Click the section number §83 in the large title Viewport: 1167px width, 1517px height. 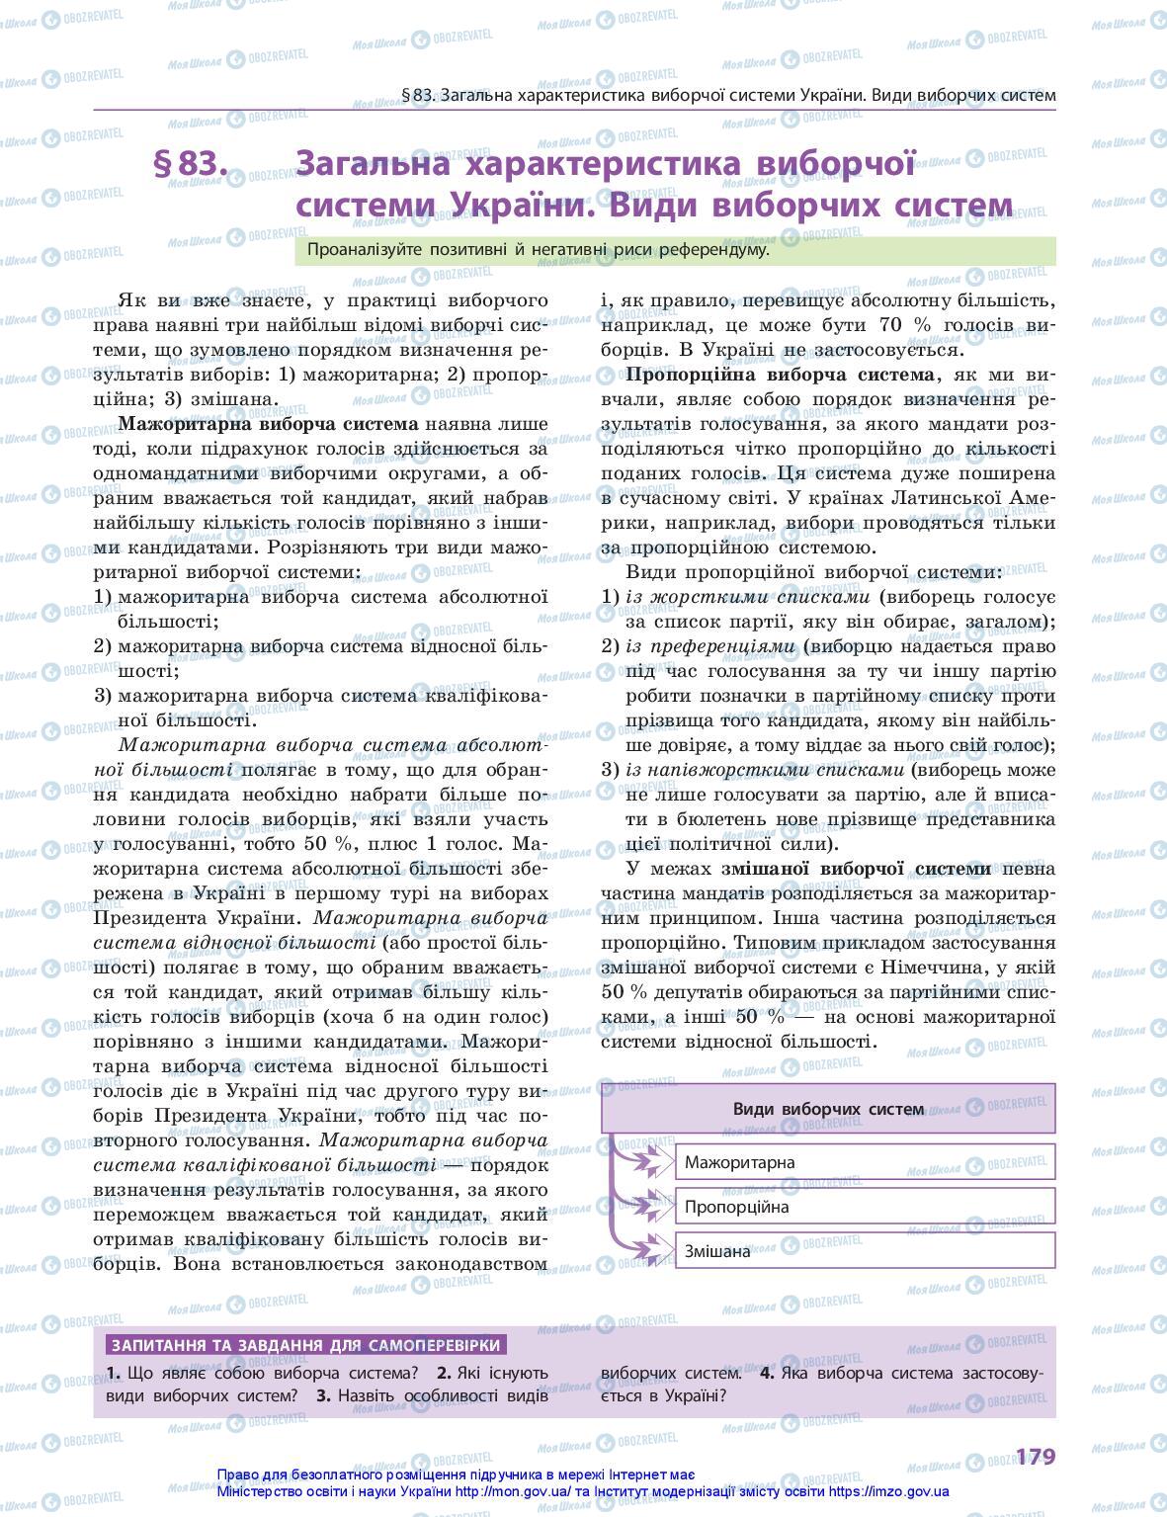click(191, 165)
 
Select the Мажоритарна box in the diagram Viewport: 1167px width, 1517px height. click(865, 1162)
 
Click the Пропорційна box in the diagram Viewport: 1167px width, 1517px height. click(865, 1207)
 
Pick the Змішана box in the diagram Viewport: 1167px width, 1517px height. click(865, 1251)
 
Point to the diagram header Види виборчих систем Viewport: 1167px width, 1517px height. click(828, 1109)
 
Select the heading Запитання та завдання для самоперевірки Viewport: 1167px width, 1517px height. click(307, 1345)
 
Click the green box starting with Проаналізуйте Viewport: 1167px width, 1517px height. click(675, 251)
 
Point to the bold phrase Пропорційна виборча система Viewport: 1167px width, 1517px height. click(780, 376)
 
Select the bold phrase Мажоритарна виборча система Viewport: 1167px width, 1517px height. click(269, 425)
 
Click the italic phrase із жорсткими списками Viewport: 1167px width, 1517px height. click(748, 597)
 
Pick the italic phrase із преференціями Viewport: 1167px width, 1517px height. click(710, 646)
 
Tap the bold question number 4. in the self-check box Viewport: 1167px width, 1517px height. click(767, 1373)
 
